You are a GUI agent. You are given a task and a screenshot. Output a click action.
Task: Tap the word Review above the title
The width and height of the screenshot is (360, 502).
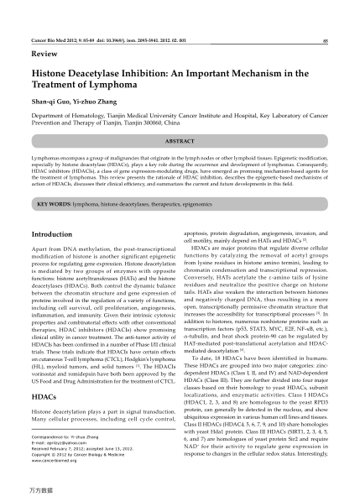tap(44, 53)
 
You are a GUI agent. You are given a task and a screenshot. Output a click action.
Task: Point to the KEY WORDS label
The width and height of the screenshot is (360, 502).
tap(54, 204)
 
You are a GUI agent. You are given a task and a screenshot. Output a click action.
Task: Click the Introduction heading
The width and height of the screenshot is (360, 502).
tap(51, 233)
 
